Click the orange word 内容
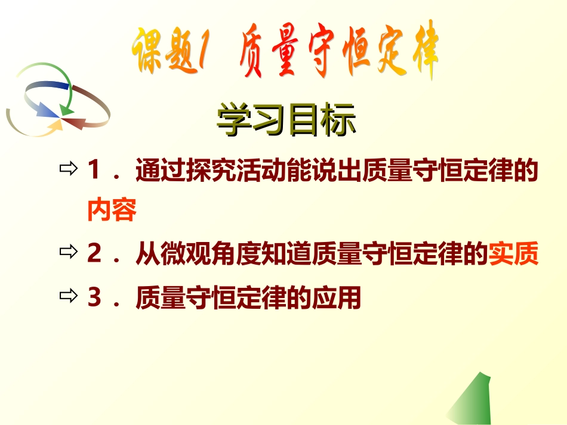[112, 210]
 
